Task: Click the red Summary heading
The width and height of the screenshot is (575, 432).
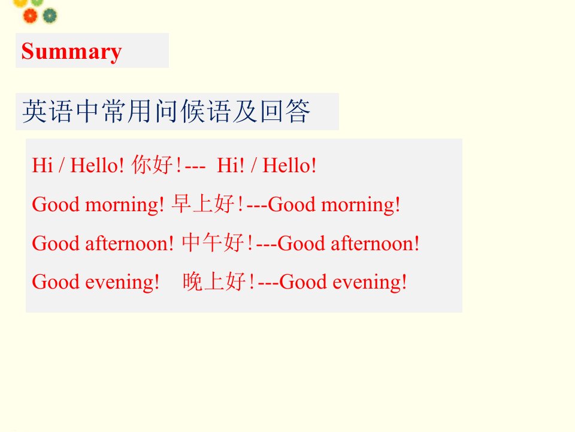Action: [71, 52]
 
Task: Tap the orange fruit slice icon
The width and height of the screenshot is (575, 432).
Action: [30, 16]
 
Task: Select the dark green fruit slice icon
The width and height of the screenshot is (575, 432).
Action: [50, 16]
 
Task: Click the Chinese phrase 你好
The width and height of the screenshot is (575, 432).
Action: [152, 164]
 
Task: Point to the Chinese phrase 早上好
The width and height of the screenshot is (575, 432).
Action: [203, 203]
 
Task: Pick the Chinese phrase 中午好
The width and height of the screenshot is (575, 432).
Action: [213, 242]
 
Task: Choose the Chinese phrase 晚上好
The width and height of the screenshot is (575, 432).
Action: [214, 281]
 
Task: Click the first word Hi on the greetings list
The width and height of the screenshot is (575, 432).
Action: [43, 165]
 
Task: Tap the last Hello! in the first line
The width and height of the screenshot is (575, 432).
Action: [289, 165]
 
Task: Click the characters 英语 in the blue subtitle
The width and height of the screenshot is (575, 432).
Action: [47, 112]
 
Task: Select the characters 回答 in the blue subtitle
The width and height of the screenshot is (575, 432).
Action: [285, 112]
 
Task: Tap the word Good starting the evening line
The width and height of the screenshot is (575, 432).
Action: [56, 282]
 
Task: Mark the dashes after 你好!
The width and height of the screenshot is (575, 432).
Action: [195, 166]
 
